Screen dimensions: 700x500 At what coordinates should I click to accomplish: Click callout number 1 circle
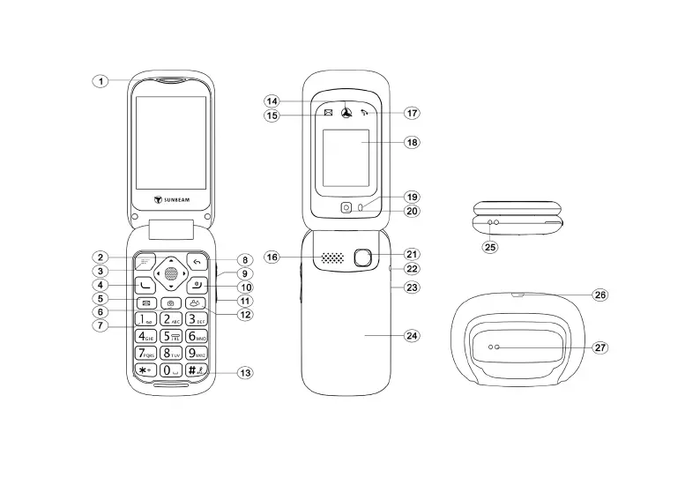click(x=101, y=81)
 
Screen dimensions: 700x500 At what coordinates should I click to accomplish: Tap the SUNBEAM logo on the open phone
click(x=172, y=200)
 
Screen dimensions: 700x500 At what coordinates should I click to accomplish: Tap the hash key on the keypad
click(x=196, y=371)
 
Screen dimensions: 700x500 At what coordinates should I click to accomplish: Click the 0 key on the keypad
click(x=170, y=371)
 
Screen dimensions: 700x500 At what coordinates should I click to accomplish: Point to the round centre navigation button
click(x=170, y=273)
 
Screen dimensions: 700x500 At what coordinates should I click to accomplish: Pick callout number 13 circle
click(x=245, y=373)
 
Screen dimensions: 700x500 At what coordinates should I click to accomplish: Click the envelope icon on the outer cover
click(x=328, y=113)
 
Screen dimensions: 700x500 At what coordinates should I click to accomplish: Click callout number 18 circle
click(x=412, y=142)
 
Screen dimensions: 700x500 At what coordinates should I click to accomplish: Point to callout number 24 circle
click(x=412, y=336)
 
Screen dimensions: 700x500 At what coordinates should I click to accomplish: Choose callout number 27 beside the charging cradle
click(x=599, y=347)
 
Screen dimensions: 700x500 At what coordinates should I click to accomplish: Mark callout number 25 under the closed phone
click(x=490, y=248)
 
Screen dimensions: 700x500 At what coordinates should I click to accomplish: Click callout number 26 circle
click(x=599, y=295)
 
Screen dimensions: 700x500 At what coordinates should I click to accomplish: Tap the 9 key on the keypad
click(x=196, y=354)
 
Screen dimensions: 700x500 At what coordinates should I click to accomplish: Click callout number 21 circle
click(x=412, y=254)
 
